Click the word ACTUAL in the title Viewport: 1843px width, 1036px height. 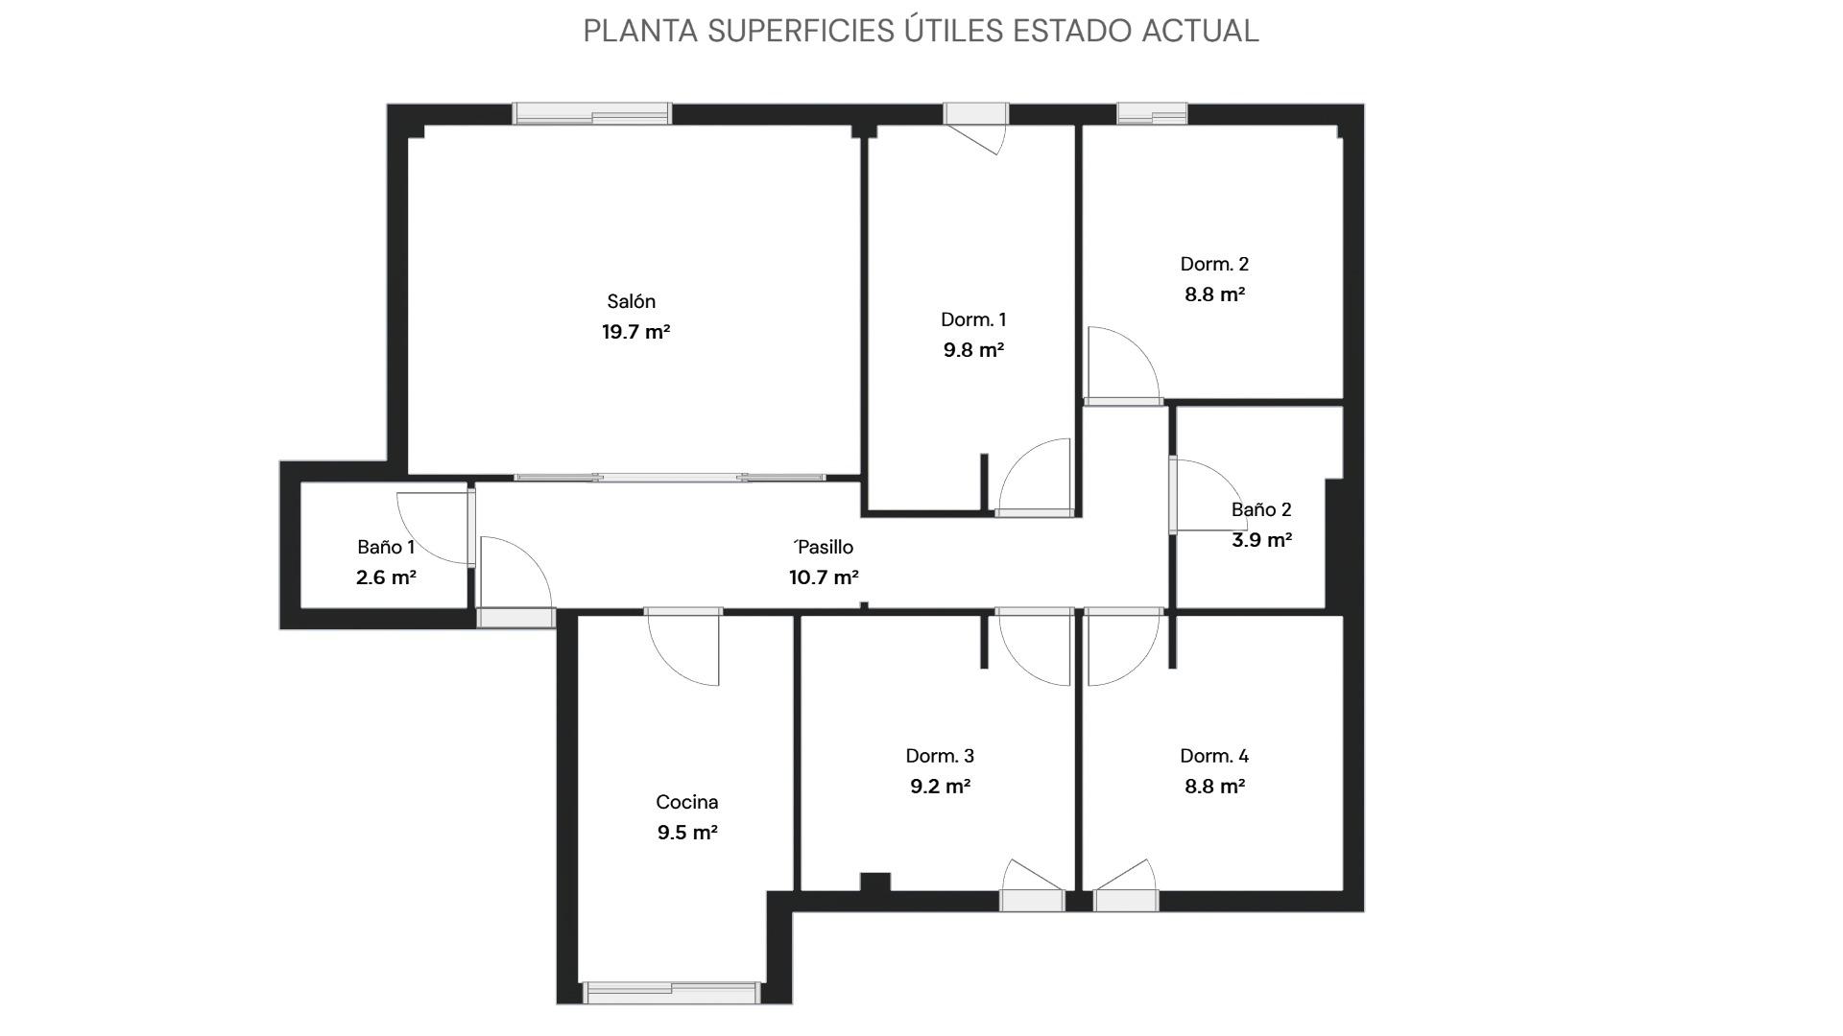(x=1200, y=31)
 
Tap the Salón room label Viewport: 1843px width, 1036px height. (x=632, y=301)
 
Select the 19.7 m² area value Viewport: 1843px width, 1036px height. (x=635, y=332)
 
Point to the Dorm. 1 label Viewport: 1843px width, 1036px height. (x=973, y=319)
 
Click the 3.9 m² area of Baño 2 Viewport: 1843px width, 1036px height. (x=1261, y=540)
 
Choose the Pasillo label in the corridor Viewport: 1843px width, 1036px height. (x=825, y=547)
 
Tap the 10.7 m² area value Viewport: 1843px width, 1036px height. (x=824, y=577)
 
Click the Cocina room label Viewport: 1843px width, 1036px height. (x=687, y=802)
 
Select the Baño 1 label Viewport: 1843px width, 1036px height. (x=386, y=547)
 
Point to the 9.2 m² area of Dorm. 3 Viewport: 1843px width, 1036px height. (x=940, y=787)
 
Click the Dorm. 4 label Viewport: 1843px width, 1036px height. (x=1214, y=756)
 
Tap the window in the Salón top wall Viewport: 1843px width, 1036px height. (x=591, y=114)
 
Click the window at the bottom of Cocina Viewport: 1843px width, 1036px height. (x=672, y=993)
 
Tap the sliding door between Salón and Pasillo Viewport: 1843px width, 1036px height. (x=669, y=477)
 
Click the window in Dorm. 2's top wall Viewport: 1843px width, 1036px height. (x=1152, y=114)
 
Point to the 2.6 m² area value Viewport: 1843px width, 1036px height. (x=386, y=577)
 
